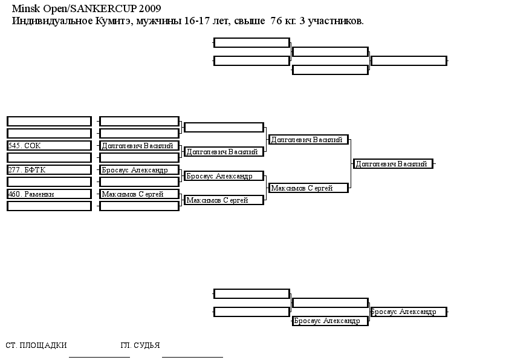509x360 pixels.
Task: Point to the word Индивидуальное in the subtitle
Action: [53, 21]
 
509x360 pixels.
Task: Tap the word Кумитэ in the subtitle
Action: [114, 21]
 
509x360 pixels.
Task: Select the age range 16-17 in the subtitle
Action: [196, 21]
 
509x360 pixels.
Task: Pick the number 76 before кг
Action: [276, 21]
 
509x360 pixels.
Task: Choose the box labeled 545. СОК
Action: [49, 146]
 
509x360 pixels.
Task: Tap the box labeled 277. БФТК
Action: [49, 170]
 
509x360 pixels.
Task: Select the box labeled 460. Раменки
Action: [49, 194]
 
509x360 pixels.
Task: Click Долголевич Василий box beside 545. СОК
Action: [139, 146]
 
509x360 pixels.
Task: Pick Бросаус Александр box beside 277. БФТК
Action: [139, 170]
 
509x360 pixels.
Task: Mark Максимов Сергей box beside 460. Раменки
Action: [139, 194]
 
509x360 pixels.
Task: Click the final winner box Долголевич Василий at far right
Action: [394, 164]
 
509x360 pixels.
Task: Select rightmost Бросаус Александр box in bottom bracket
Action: [409, 312]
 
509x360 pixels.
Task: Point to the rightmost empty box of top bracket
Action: [409, 61]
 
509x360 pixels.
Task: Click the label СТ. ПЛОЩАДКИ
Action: [36, 345]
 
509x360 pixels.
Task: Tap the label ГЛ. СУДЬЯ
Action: [140, 345]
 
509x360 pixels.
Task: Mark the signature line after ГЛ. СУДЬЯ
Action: [192, 357]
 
